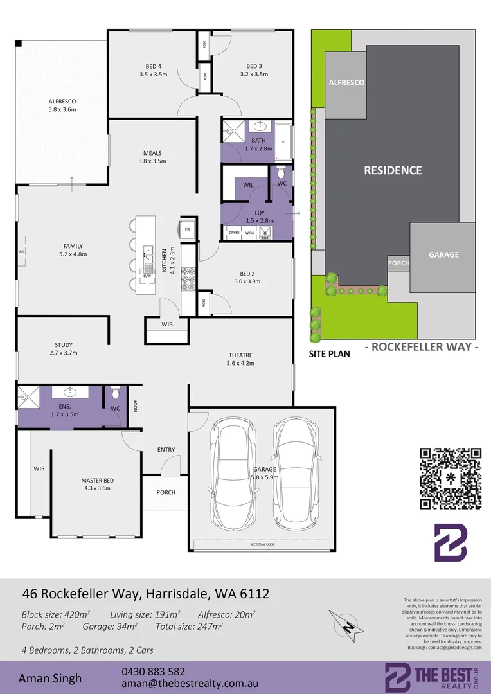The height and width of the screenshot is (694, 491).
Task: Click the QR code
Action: coord(451,478)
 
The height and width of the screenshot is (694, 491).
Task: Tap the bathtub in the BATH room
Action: coord(284,141)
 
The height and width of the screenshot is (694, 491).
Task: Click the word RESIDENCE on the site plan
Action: coord(393,170)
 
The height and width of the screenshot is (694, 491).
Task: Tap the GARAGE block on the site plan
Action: coord(443,255)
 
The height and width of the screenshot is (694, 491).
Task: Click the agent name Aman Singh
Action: coord(50,678)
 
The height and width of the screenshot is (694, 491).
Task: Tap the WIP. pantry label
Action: coord(168,324)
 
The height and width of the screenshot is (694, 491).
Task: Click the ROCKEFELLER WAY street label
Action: coord(422,347)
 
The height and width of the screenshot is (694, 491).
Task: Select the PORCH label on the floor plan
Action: coord(166,492)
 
